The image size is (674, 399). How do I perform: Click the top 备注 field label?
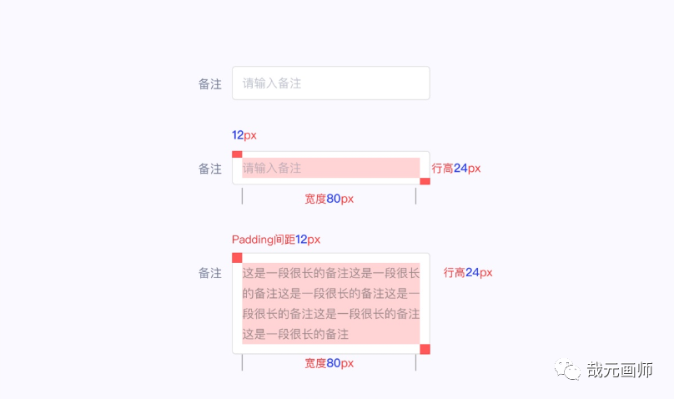(x=210, y=83)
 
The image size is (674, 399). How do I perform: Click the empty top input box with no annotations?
(x=330, y=83)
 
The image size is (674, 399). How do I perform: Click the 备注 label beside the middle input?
(x=210, y=169)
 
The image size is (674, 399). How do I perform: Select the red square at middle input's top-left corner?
(x=237, y=154)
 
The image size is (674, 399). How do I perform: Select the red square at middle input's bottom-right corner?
(x=425, y=181)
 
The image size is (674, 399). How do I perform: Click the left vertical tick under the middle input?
(x=242, y=196)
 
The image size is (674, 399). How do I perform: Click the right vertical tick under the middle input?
(x=415, y=196)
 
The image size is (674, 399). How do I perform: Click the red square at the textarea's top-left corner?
(x=237, y=258)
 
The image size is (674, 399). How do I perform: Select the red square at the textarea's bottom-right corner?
(x=425, y=349)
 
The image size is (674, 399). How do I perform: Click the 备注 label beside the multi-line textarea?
(x=210, y=273)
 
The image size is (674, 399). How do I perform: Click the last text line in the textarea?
(x=295, y=334)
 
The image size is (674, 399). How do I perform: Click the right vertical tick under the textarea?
(x=415, y=363)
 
